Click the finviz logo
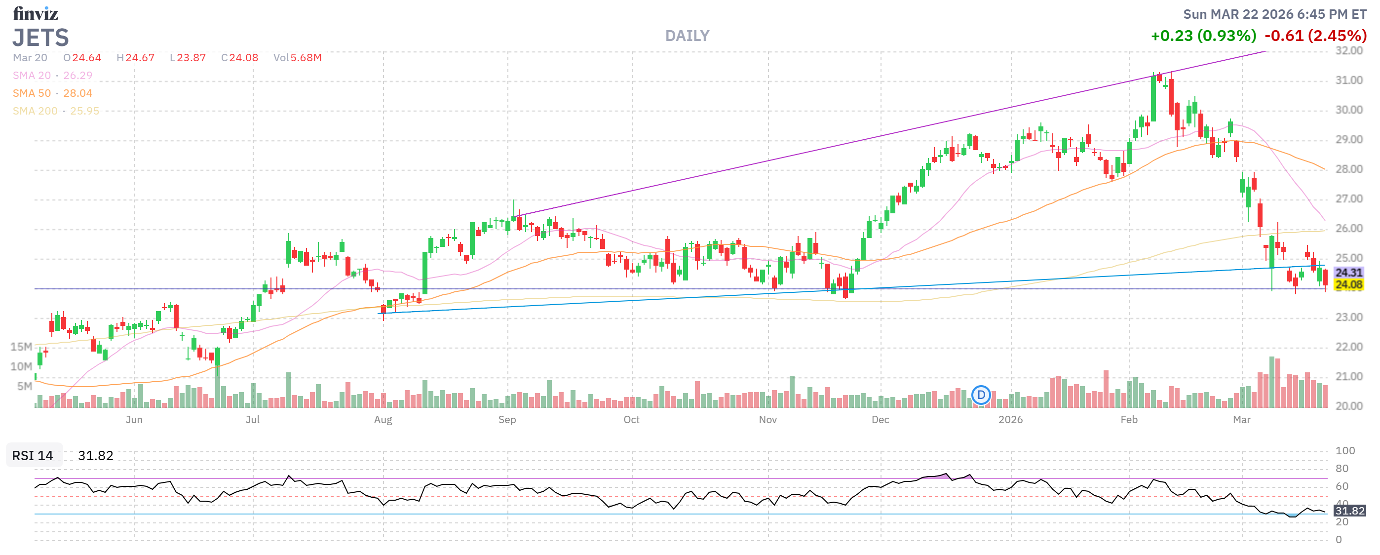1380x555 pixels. coord(36,13)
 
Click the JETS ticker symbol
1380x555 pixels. coord(40,38)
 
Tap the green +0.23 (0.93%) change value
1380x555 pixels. coord(1203,36)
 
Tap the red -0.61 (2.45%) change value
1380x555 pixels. coord(1315,36)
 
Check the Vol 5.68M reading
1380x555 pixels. coord(297,57)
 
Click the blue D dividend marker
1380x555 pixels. coord(981,396)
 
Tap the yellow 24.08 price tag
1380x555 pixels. coord(1348,284)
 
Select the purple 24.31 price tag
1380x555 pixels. coord(1348,273)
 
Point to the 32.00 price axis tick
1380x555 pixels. coord(1348,51)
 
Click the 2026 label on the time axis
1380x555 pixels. coord(1010,420)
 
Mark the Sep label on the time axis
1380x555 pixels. coord(507,420)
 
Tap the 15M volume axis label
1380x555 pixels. coord(21,347)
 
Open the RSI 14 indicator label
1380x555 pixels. coord(33,455)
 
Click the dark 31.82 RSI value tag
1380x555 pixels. coord(1349,511)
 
